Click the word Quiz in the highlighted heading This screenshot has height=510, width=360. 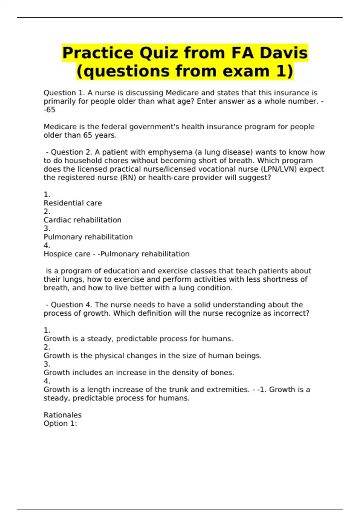[x=159, y=53]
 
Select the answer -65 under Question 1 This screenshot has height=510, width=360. [x=49, y=110]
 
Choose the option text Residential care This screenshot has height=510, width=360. [x=73, y=203]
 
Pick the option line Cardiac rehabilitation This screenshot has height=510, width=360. [x=82, y=220]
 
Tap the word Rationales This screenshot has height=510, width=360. [x=62, y=415]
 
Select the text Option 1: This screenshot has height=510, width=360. [x=60, y=423]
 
